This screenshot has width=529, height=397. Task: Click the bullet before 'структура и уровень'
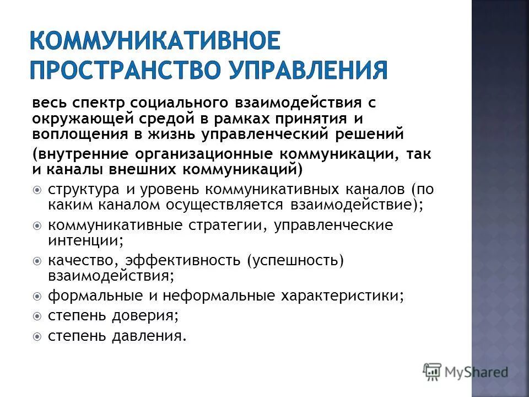(37, 190)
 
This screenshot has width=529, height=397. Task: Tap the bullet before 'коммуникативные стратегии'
(37, 226)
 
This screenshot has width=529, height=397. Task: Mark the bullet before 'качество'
(37, 261)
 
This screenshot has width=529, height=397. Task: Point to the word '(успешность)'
(295, 261)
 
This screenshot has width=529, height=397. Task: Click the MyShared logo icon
(433, 371)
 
